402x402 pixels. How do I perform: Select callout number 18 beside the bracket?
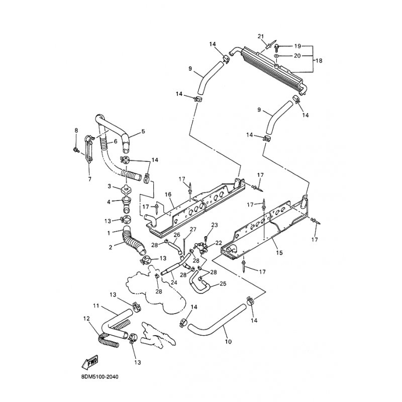(318, 60)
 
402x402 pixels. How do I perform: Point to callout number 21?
(260, 36)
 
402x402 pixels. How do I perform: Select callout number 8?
(76, 131)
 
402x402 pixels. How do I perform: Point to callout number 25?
(223, 284)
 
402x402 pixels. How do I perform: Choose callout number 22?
(219, 243)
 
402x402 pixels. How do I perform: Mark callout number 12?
(86, 319)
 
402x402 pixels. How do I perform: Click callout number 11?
(95, 306)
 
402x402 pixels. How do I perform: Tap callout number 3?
(109, 186)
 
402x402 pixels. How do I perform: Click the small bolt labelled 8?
(75, 150)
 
